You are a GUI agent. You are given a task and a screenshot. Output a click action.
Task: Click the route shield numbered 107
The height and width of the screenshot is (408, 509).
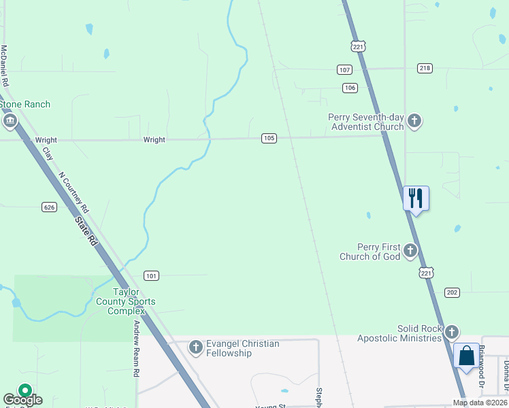pyautogui.click(x=344, y=70)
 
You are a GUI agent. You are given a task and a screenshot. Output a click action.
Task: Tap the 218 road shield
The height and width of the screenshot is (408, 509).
pyautogui.click(x=425, y=68)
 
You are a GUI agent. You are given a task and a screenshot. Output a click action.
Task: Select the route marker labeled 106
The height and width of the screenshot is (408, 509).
pyautogui.click(x=350, y=88)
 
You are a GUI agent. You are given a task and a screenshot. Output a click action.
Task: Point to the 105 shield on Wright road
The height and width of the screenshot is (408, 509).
pyautogui.click(x=269, y=138)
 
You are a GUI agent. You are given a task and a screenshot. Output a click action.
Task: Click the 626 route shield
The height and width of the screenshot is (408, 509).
pyautogui.click(x=48, y=207)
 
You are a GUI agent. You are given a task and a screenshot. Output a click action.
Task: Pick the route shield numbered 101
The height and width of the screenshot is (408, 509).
pyautogui.click(x=152, y=275)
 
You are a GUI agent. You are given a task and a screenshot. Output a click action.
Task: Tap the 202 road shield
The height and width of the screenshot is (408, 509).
pyautogui.click(x=452, y=292)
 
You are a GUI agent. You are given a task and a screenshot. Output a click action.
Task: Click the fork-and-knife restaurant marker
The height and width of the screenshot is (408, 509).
pyautogui.click(x=416, y=198)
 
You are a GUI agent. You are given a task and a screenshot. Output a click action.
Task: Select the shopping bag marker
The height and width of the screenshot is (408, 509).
pyautogui.click(x=466, y=356)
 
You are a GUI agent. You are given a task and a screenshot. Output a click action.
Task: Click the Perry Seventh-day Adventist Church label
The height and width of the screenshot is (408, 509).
pyautogui.click(x=366, y=122)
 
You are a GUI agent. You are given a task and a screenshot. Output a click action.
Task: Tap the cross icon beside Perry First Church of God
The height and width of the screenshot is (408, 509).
pyautogui.click(x=410, y=251)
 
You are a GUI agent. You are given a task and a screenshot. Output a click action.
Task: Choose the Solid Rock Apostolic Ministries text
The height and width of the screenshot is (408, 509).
pyautogui.click(x=400, y=334)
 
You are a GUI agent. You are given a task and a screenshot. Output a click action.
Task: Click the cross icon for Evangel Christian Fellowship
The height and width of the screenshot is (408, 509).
pyautogui.click(x=195, y=348)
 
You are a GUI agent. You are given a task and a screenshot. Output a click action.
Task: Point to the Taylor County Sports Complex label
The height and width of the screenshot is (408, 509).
pyautogui.click(x=125, y=301)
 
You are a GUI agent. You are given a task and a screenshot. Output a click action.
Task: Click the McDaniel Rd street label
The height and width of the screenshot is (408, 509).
pyautogui.click(x=5, y=65)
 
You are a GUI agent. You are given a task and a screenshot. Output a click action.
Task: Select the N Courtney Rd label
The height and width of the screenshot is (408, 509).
pyautogui.click(x=75, y=190)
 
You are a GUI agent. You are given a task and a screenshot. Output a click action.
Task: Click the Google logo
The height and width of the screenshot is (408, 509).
pyautogui.click(x=22, y=400)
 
